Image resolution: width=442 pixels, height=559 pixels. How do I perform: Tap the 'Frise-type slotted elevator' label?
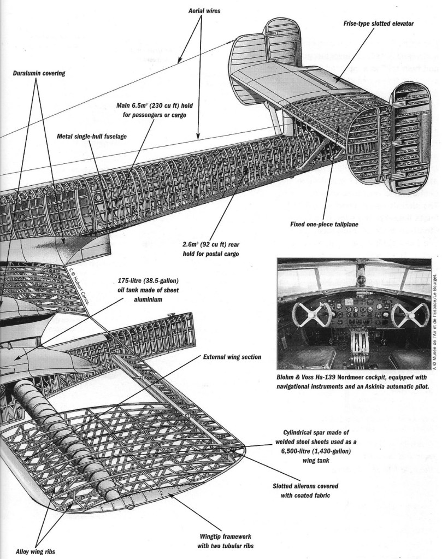pyautogui.click(x=371, y=24)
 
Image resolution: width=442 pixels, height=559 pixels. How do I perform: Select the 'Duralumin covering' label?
pyautogui.click(x=39, y=73)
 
